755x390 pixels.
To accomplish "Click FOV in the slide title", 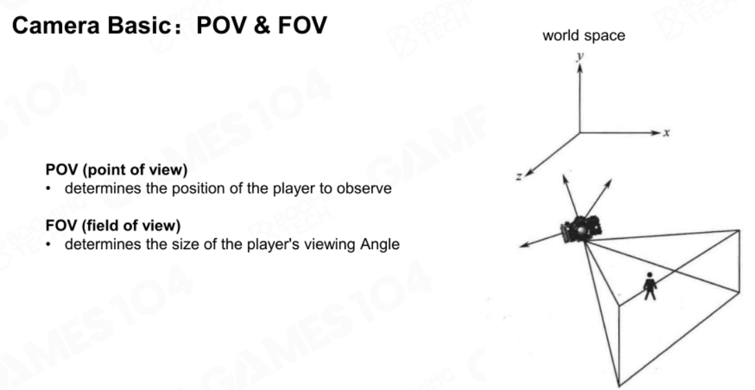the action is tap(303, 26).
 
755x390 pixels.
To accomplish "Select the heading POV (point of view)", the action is tap(117, 170).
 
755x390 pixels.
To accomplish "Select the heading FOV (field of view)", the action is tap(113, 226).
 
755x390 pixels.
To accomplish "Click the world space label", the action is tap(584, 36).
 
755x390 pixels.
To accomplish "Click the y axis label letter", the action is tap(580, 57).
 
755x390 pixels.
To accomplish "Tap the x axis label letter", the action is tap(667, 133).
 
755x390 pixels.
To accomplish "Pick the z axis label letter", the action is tap(519, 177).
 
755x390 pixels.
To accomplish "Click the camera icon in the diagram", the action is tap(581, 229).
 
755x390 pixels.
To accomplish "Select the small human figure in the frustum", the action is tap(650, 286).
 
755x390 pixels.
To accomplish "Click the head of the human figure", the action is tap(649, 275).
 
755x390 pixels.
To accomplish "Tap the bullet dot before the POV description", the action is tap(48, 189).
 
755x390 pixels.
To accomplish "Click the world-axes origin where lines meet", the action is tap(580, 133).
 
